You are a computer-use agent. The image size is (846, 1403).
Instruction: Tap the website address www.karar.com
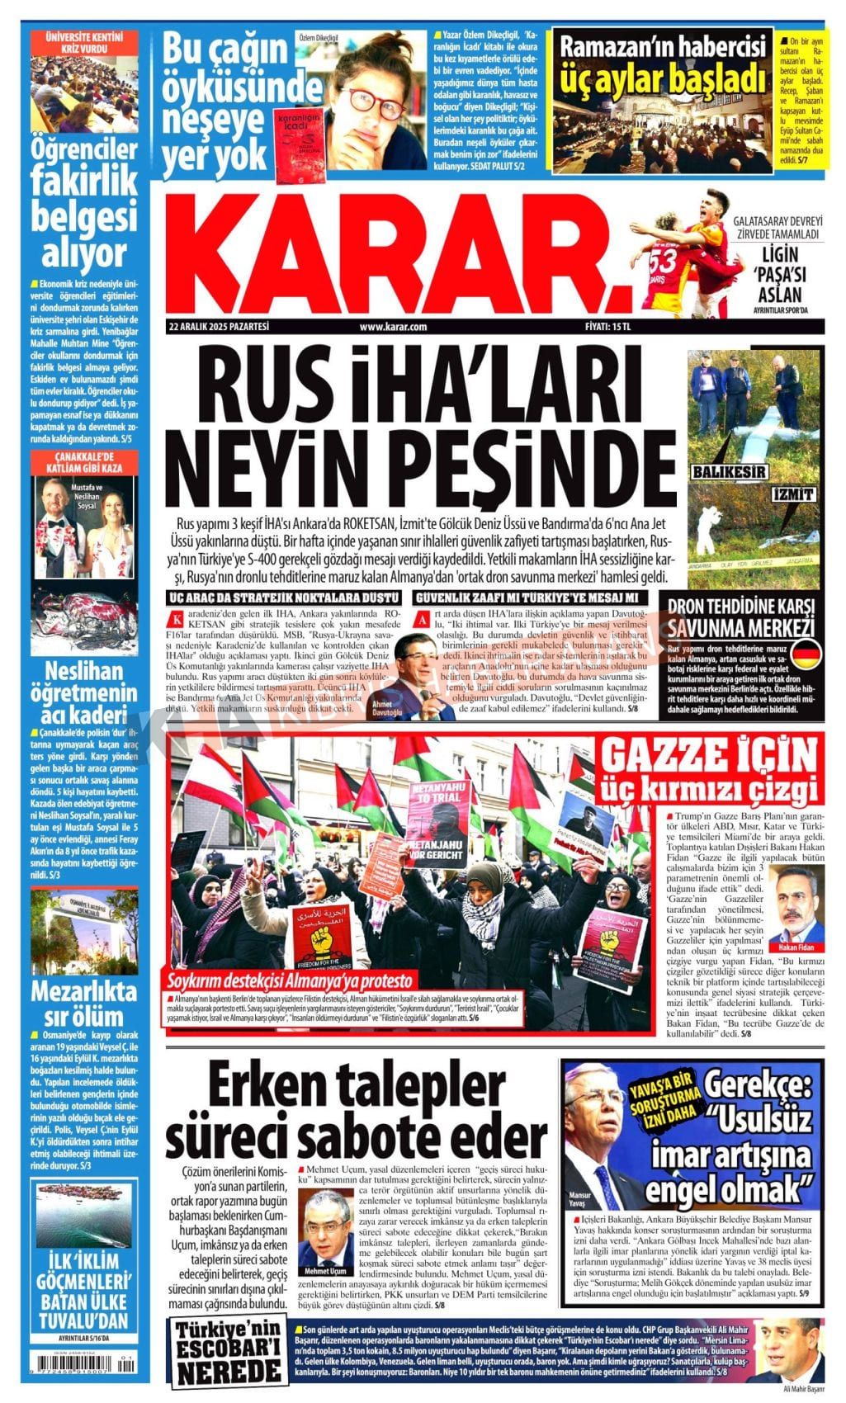[393, 327]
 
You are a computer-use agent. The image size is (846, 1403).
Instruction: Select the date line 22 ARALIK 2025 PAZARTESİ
[219, 327]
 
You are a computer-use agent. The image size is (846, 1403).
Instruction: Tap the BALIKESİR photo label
[729, 471]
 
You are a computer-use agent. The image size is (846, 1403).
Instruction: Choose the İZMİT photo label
[793, 495]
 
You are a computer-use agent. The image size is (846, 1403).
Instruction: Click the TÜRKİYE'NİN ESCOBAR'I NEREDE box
[229, 1353]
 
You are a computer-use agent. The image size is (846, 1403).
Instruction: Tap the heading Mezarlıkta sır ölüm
[83, 1003]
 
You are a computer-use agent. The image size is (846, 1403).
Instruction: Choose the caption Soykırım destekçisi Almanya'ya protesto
[290, 981]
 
